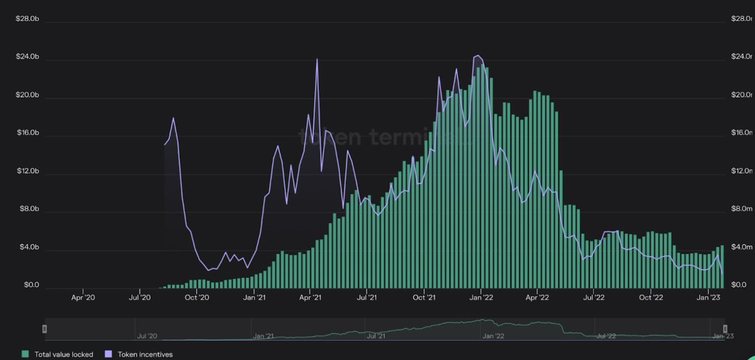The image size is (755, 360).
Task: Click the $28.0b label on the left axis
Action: [27, 19]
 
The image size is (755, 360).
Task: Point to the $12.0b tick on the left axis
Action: [27, 171]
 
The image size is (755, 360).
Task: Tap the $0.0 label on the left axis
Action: [31, 285]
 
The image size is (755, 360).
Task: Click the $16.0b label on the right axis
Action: [742, 133]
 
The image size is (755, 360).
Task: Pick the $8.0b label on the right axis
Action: [742, 209]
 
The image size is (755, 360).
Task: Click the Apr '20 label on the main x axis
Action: [83, 298]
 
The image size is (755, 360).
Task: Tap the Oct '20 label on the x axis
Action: [197, 298]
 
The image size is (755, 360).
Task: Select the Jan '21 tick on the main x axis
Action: [254, 298]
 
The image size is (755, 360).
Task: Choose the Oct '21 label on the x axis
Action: [424, 298]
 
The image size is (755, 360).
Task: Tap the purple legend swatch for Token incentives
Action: [109, 354]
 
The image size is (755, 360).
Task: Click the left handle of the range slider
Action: [44, 329]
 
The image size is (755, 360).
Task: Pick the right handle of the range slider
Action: [725, 329]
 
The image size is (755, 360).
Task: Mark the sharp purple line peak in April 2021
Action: [317, 60]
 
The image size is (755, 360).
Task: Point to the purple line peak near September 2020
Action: [173, 118]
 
